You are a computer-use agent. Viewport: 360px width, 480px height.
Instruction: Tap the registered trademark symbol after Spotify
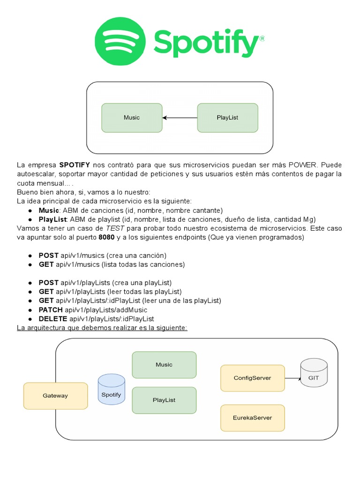point(262,39)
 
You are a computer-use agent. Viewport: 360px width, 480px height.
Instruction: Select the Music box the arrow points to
point(132,118)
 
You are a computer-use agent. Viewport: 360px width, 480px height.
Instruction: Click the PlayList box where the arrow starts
point(227,118)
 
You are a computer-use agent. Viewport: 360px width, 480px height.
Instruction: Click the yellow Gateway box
point(55,396)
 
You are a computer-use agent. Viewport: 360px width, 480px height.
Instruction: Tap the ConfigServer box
point(252,378)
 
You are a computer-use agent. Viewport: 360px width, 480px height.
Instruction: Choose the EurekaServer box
point(252,418)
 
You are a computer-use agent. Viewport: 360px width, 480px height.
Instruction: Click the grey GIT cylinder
point(314,373)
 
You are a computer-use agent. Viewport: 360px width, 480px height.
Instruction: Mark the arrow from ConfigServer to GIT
point(292,378)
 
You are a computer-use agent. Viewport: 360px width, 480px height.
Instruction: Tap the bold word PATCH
point(51,309)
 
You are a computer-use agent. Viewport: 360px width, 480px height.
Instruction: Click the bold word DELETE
point(52,318)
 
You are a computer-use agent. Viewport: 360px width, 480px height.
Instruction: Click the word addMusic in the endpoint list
point(133,309)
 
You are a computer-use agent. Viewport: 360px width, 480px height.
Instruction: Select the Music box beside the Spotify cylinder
point(164,365)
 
